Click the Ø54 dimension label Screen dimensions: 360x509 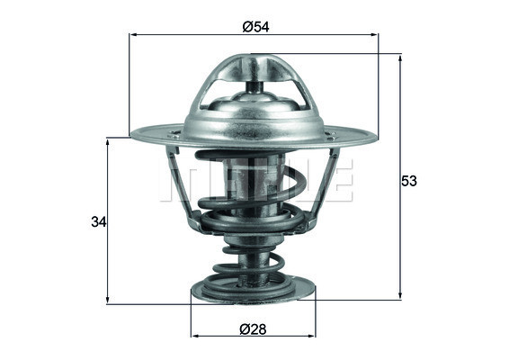[254, 27]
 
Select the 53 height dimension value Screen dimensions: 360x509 [409, 181]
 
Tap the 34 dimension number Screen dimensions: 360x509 [99, 221]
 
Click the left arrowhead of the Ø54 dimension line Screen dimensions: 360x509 [133, 35]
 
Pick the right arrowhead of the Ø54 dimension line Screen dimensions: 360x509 [375, 35]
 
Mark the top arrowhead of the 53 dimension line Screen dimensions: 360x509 [400, 58]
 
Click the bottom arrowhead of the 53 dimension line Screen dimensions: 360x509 [400, 296]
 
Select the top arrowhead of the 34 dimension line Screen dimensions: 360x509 [108, 142]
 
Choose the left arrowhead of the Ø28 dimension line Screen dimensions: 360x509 [195, 337]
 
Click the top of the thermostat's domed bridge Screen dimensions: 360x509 [254, 57]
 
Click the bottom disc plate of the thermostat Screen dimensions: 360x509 [254, 292]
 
